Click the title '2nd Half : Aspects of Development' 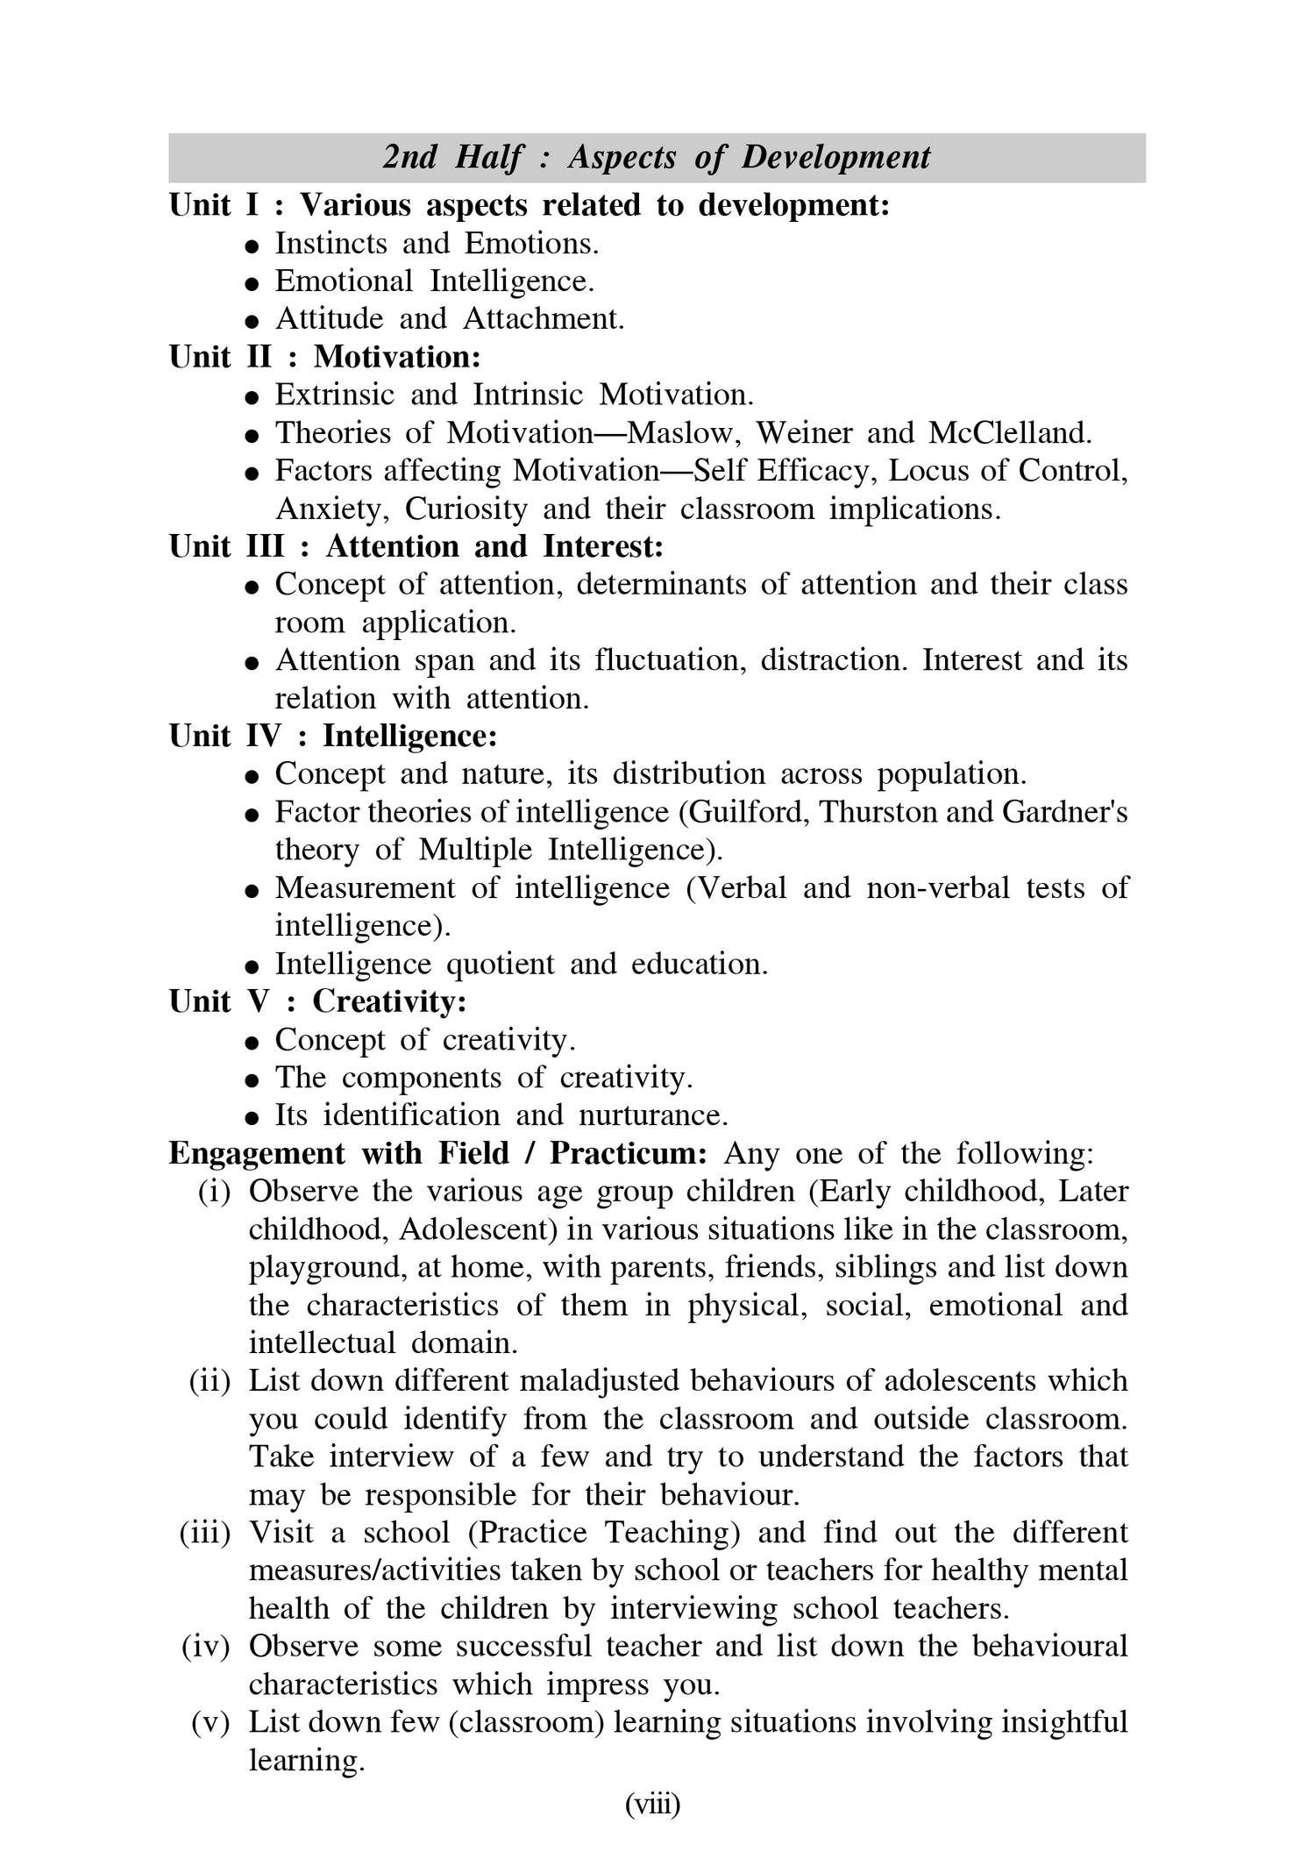point(657,158)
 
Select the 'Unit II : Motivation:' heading point(325,357)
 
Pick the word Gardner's point(1064,813)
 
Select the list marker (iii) point(204,1534)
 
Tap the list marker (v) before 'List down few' point(210,1723)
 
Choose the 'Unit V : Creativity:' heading point(317,1001)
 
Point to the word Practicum point(628,1154)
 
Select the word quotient point(501,965)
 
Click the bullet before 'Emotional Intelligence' point(252,284)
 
